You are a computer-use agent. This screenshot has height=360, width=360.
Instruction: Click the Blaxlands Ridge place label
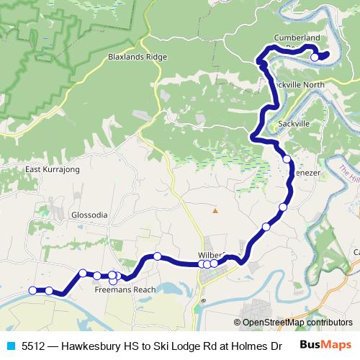(135, 55)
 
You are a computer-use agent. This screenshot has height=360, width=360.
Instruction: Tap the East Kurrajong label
(52, 169)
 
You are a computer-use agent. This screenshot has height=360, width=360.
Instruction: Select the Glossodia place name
(89, 215)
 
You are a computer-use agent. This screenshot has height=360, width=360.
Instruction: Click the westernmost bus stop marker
(32, 290)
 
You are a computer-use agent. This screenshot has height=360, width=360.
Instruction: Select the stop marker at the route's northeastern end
(315, 57)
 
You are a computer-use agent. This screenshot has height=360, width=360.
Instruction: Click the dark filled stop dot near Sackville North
(264, 66)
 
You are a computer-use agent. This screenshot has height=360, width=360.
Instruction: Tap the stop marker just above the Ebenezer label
(287, 159)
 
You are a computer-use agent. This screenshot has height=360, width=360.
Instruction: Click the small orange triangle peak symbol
(214, 210)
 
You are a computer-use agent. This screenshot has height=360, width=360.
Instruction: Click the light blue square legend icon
(12, 345)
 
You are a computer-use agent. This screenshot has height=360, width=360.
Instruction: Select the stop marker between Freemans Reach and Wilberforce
(157, 256)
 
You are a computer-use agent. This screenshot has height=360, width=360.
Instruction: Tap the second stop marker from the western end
(49, 291)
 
